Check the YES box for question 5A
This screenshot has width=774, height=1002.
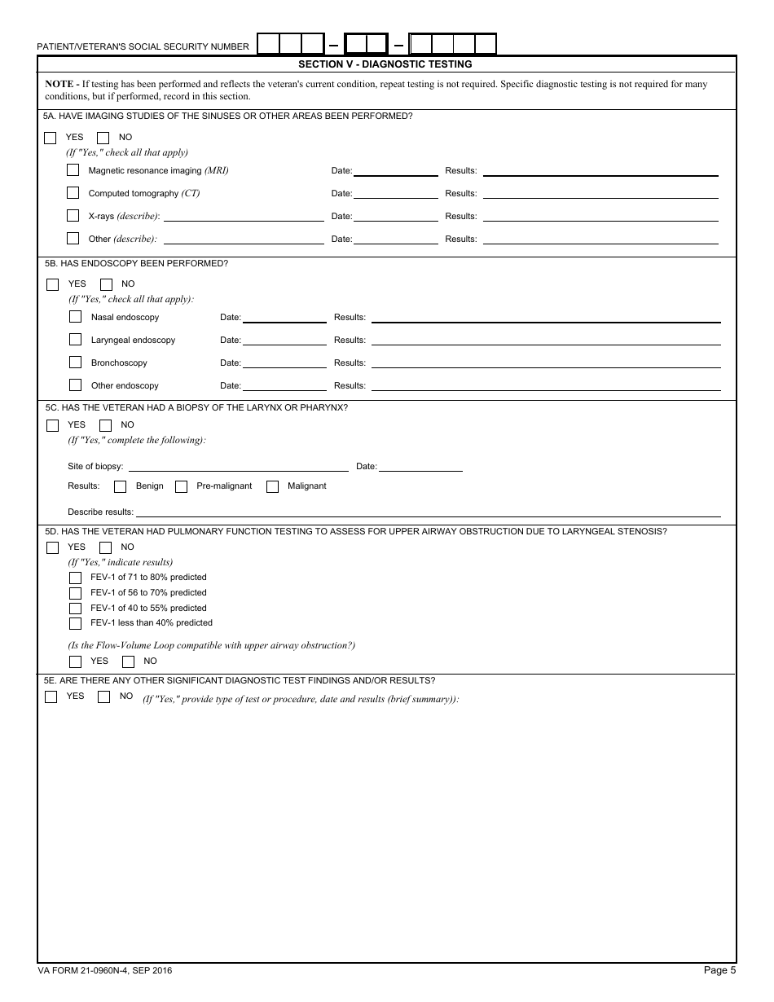[51, 138]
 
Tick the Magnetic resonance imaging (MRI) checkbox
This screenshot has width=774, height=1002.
[73, 170]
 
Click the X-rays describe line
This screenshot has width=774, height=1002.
[244, 216]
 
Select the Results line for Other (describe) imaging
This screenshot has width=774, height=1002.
[600, 239]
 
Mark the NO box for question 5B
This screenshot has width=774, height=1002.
[106, 284]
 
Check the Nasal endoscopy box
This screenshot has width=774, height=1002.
[76, 317]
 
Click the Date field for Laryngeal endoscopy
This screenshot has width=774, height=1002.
[284, 340]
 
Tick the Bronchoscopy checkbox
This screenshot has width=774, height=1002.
[76, 363]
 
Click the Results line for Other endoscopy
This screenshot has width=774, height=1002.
[546, 385]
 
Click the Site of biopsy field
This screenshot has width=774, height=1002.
[238, 466]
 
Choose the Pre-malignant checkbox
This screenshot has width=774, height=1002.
[182, 486]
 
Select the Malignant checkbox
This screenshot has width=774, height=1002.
[272, 486]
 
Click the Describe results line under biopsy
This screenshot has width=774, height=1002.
[428, 512]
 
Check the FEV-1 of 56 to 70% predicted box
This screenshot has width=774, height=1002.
[76, 593]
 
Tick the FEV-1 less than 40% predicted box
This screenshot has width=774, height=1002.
[76, 623]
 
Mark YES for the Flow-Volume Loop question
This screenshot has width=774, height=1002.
[76, 661]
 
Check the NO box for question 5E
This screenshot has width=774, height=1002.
[103, 697]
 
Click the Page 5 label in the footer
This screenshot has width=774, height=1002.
[720, 970]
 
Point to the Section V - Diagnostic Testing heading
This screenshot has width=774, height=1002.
[385, 64]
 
